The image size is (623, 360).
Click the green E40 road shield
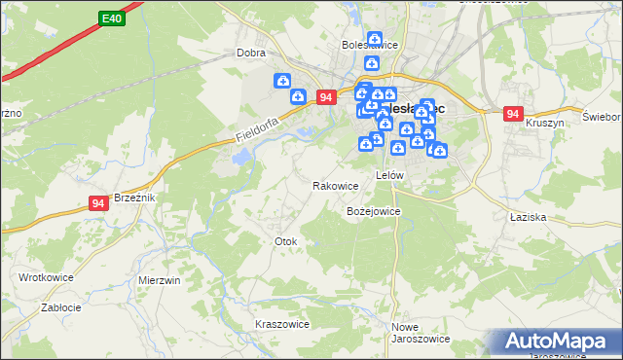point(111,18)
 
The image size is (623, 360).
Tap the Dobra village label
point(251,54)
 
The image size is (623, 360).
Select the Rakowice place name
point(335,185)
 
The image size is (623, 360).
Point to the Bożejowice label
point(374,210)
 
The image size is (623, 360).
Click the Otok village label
point(285,240)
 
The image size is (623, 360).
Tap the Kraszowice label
point(281,324)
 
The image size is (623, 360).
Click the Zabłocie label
point(60,306)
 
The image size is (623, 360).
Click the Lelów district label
point(389,176)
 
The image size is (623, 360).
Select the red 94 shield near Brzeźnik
point(97,202)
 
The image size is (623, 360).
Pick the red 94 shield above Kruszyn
point(513,114)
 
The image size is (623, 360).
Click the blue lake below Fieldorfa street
point(240,157)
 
